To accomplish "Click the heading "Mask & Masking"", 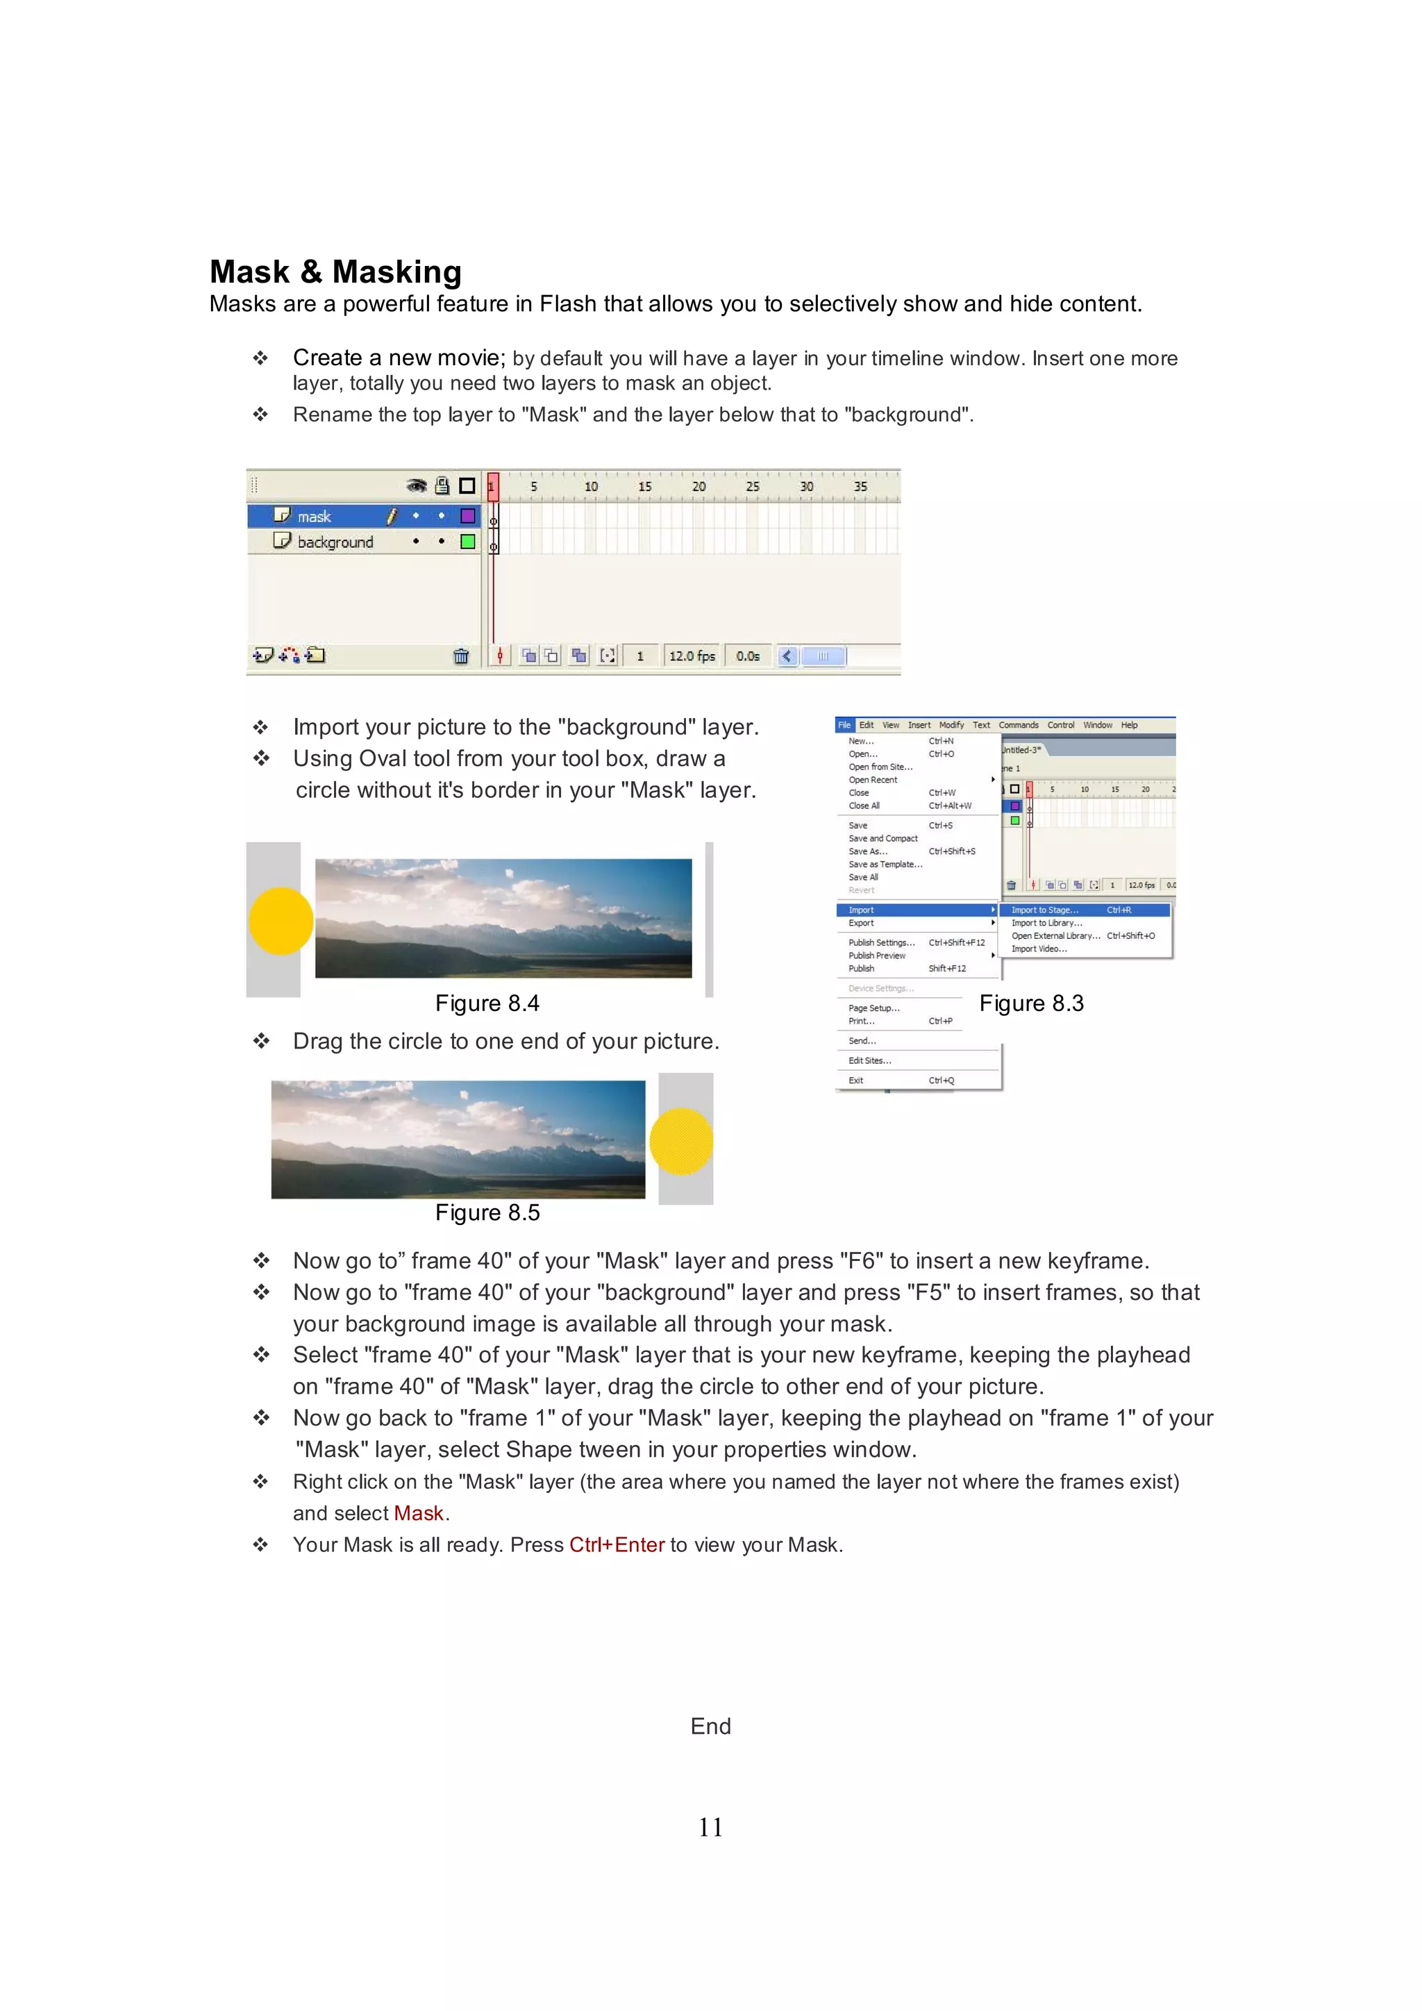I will pyautogui.click(x=335, y=272).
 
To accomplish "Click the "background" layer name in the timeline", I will pyautogui.click(x=335, y=542).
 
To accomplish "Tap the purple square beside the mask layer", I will pyautogui.click(x=467, y=516).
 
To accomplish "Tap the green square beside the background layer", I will pyautogui.click(x=467, y=541).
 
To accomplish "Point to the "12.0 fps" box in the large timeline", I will pyautogui.click(x=692, y=656).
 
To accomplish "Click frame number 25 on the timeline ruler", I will pyautogui.click(x=752, y=487).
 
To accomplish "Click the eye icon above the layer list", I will pyautogui.click(x=417, y=486).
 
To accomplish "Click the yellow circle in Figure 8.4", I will pyautogui.click(x=281, y=921).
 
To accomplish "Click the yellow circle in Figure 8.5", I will pyautogui.click(x=681, y=1142).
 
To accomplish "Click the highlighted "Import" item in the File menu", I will pyautogui.click(x=862, y=910).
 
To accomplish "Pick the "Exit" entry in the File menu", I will pyautogui.click(x=855, y=1080).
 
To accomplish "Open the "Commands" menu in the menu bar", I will pyautogui.click(x=1019, y=725).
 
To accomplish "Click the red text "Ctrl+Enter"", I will pyautogui.click(x=617, y=1545).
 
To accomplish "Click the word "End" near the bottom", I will pyautogui.click(x=710, y=1726).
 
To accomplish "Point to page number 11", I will pyautogui.click(x=710, y=1827).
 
